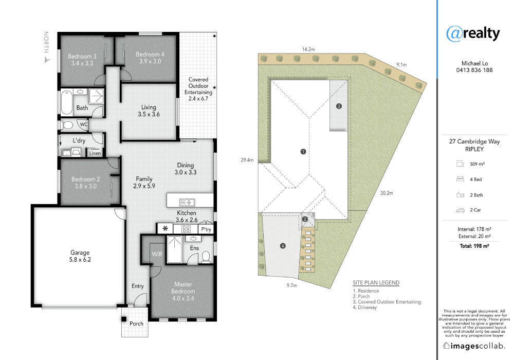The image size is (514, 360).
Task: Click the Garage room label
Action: point(80,256)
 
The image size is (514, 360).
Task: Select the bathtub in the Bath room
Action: point(66,103)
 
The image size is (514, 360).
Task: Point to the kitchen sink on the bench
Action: point(188,202)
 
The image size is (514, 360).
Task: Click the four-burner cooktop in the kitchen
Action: point(186,229)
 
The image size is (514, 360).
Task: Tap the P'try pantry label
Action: point(206,229)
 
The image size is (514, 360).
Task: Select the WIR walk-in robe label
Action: point(157,254)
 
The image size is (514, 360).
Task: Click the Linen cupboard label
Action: point(95,153)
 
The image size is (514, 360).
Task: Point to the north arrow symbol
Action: point(47,60)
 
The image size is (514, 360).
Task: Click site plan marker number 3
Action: point(339,106)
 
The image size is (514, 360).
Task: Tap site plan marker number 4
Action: point(283,246)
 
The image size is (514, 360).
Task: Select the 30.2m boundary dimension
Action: point(387,193)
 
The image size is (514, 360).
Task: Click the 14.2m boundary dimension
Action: point(308,49)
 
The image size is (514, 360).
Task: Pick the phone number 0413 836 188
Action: point(474,70)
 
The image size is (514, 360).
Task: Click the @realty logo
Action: point(473,33)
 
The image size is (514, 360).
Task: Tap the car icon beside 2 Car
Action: point(460,210)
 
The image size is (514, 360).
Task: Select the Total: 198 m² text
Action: point(474,246)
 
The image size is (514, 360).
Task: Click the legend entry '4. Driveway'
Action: point(365,307)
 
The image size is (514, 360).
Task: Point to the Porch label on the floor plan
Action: point(136,323)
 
